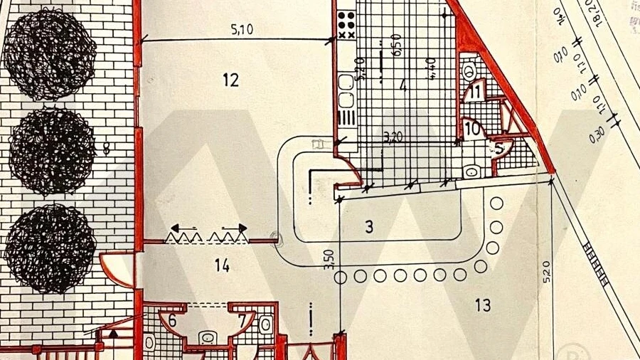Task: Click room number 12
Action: [230, 80]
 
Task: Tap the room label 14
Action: [222, 266]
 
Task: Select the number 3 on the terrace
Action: [368, 228]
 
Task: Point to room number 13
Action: [483, 306]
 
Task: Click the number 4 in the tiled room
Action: [402, 87]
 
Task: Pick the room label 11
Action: [475, 91]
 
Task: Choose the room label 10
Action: [472, 129]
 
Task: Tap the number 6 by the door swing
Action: [171, 321]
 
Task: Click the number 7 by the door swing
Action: [242, 321]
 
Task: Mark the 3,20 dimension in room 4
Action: [392, 137]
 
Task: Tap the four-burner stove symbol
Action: [346, 26]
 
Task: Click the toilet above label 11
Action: [468, 70]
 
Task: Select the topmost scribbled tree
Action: [49, 54]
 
